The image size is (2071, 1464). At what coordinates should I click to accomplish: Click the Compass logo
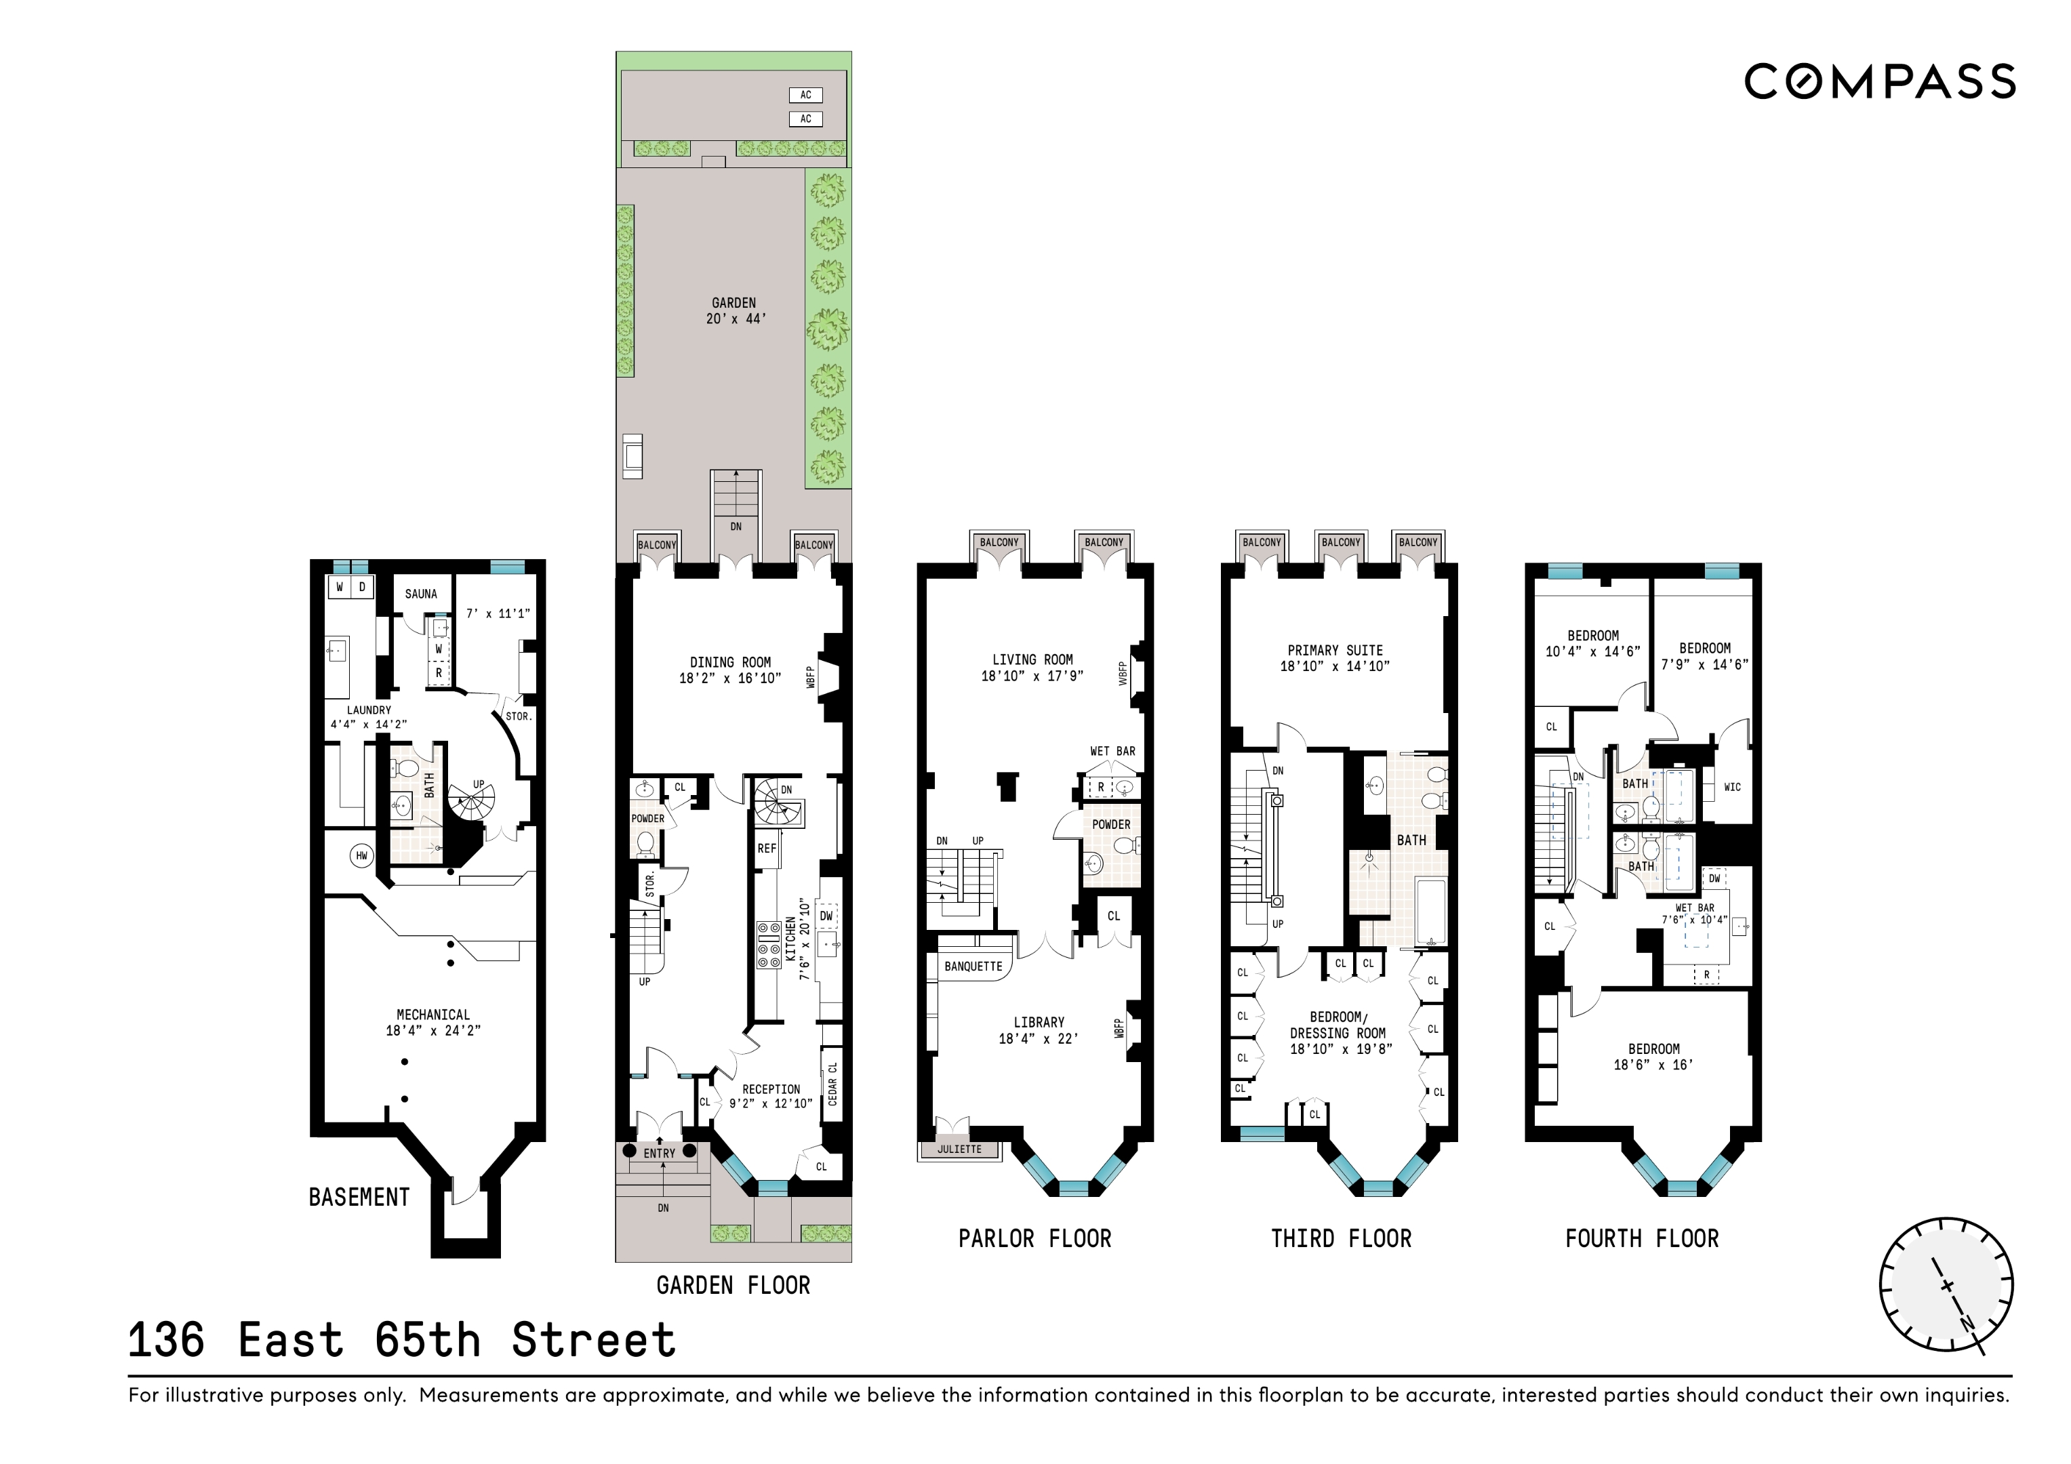[1880, 82]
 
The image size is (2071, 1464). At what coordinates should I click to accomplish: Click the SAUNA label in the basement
[420, 594]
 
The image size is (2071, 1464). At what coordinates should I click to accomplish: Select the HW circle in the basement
[362, 855]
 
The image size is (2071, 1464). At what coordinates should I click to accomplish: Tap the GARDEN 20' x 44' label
[734, 310]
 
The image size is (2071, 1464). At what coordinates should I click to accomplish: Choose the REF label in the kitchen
[767, 849]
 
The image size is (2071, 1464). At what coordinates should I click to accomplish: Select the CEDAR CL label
[832, 1083]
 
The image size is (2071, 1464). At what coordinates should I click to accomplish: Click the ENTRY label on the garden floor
[660, 1153]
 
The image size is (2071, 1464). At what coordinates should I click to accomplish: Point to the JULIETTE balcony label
[959, 1150]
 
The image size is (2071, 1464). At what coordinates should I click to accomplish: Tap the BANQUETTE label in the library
[973, 966]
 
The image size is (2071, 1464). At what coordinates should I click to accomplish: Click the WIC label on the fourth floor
[1732, 788]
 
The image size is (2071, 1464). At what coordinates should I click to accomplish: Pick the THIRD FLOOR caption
[1342, 1238]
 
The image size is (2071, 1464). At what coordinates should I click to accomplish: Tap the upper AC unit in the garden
[805, 95]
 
